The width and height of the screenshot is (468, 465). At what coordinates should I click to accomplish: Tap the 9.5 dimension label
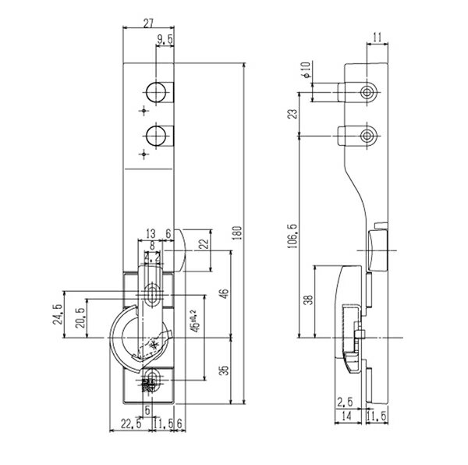(165, 39)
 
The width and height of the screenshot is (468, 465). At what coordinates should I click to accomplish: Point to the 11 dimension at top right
(377, 36)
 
